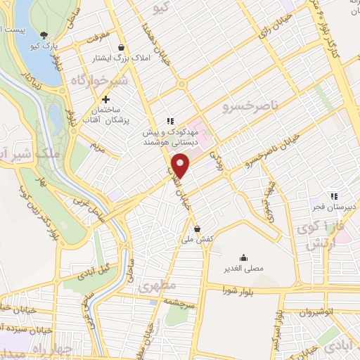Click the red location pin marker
(x=181, y=166)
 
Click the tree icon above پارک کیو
(x=45, y=35)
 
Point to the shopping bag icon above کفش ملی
(x=198, y=229)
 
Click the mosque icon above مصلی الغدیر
(x=243, y=257)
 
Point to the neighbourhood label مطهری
(x=155, y=288)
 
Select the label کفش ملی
(x=198, y=240)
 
